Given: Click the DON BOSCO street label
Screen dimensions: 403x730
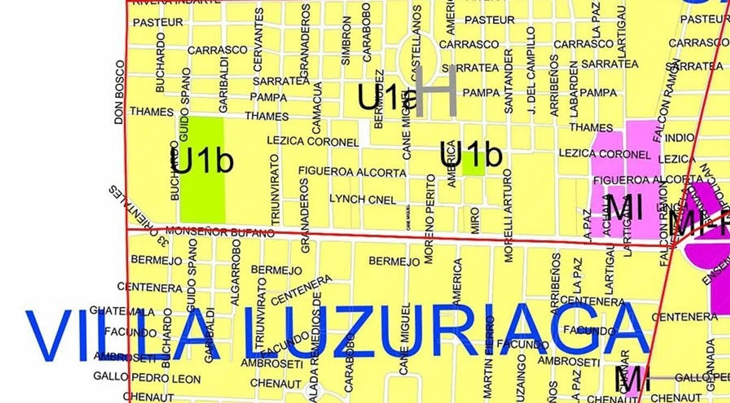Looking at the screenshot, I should point(119,92).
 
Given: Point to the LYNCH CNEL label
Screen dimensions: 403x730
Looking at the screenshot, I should point(363,199).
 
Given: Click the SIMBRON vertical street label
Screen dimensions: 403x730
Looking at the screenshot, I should point(346,41).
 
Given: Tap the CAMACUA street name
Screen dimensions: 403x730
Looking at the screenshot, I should point(317,108).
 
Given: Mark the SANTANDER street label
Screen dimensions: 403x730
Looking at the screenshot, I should point(509,81).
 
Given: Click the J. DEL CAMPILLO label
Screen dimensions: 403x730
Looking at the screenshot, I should point(531,71).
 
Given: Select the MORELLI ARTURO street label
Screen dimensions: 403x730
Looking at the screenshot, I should point(508,216).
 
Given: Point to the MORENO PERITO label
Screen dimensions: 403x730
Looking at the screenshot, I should point(429,219).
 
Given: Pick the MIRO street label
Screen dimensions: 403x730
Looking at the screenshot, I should point(475,221).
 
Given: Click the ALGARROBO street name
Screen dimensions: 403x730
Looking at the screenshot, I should point(235,272).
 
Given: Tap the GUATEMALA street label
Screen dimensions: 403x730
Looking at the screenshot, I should point(122,311).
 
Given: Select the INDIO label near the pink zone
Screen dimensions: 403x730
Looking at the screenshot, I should point(679,138).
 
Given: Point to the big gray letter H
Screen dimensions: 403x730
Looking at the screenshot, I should point(436,92).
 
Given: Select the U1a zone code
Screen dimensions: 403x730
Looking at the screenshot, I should point(386,97).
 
